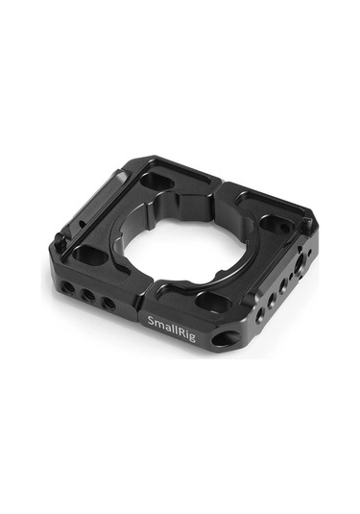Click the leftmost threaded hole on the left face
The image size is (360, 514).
click(66, 287)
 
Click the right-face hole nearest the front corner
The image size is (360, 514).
click(260, 314)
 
